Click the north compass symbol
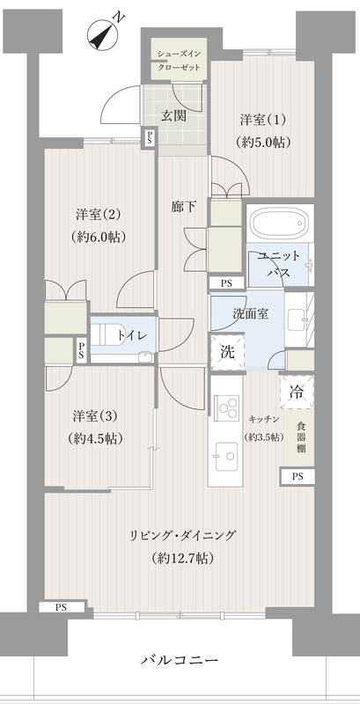click(x=105, y=37)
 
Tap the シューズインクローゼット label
click(x=179, y=59)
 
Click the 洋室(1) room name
click(x=257, y=120)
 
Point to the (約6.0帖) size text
click(x=98, y=237)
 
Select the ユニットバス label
click(x=278, y=263)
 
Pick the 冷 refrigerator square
click(x=297, y=392)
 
